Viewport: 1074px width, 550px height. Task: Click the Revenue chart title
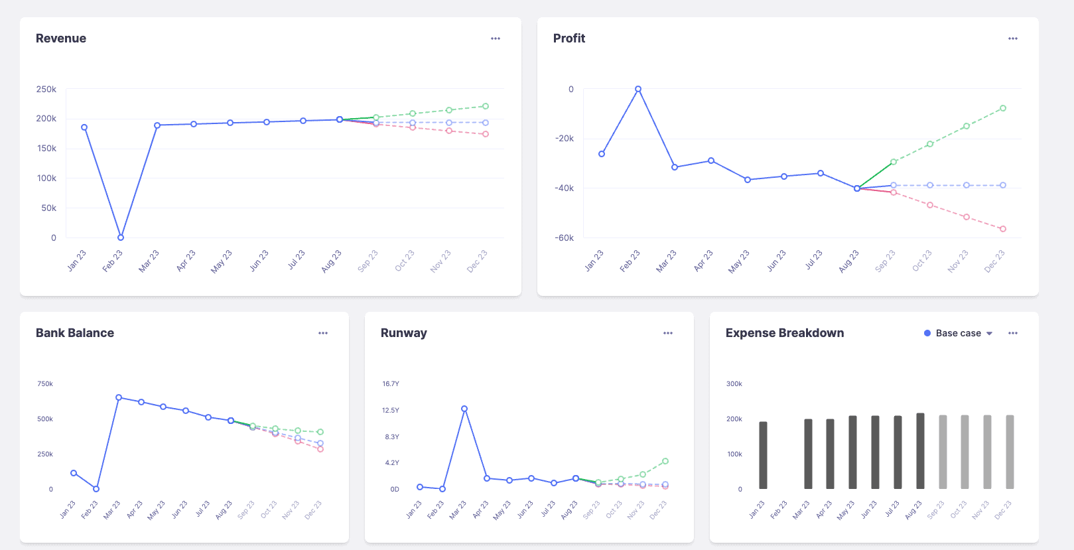[x=61, y=38]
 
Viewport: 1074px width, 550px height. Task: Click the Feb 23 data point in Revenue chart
[x=121, y=238]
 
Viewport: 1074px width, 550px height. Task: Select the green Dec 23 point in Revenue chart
[x=486, y=106]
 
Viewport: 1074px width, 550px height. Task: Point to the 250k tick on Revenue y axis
[x=46, y=89]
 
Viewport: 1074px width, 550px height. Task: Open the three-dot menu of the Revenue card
[x=496, y=38]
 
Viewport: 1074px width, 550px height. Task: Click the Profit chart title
[x=569, y=38]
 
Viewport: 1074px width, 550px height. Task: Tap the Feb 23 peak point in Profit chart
[x=638, y=89]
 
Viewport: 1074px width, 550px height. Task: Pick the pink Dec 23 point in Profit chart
[x=1003, y=229]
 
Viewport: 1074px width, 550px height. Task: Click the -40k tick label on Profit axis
[x=565, y=188]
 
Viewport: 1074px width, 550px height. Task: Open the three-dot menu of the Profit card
[x=1013, y=38]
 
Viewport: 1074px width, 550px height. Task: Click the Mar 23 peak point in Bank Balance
[x=119, y=397]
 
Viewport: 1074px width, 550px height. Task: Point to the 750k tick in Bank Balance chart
[x=45, y=384]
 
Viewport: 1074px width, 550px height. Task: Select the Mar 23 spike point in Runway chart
[x=464, y=409]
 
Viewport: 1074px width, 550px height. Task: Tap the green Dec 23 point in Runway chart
[x=665, y=461]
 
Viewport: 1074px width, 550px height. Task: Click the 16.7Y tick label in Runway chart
[x=391, y=384]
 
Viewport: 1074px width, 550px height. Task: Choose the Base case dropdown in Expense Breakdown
[x=959, y=333]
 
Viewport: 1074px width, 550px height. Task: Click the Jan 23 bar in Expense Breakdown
[x=763, y=455]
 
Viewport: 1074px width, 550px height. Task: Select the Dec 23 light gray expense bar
[x=1010, y=452]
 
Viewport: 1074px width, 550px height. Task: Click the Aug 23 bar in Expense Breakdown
[x=920, y=451]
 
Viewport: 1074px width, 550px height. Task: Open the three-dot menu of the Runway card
[x=668, y=333]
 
